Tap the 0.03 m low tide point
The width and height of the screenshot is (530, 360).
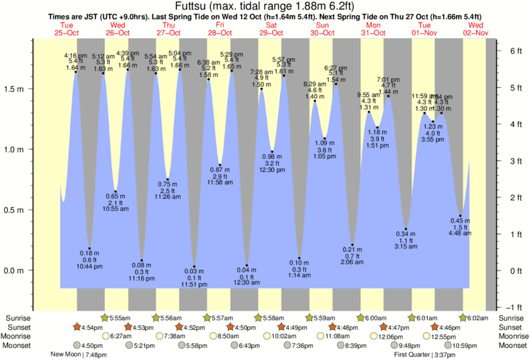[x=194, y=266]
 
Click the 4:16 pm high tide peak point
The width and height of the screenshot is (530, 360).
[x=76, y=72]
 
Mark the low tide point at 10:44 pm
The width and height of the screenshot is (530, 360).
[x=90, y=248]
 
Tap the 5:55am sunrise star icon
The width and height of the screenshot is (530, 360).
[x=104, y=317]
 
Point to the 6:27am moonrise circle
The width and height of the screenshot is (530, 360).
[x=107, y=336]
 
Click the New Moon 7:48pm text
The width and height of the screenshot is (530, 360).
[x=79, y=355]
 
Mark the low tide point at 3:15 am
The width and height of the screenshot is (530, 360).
[x=406, y=229]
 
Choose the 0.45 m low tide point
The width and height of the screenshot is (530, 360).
[x=460, y=216]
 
